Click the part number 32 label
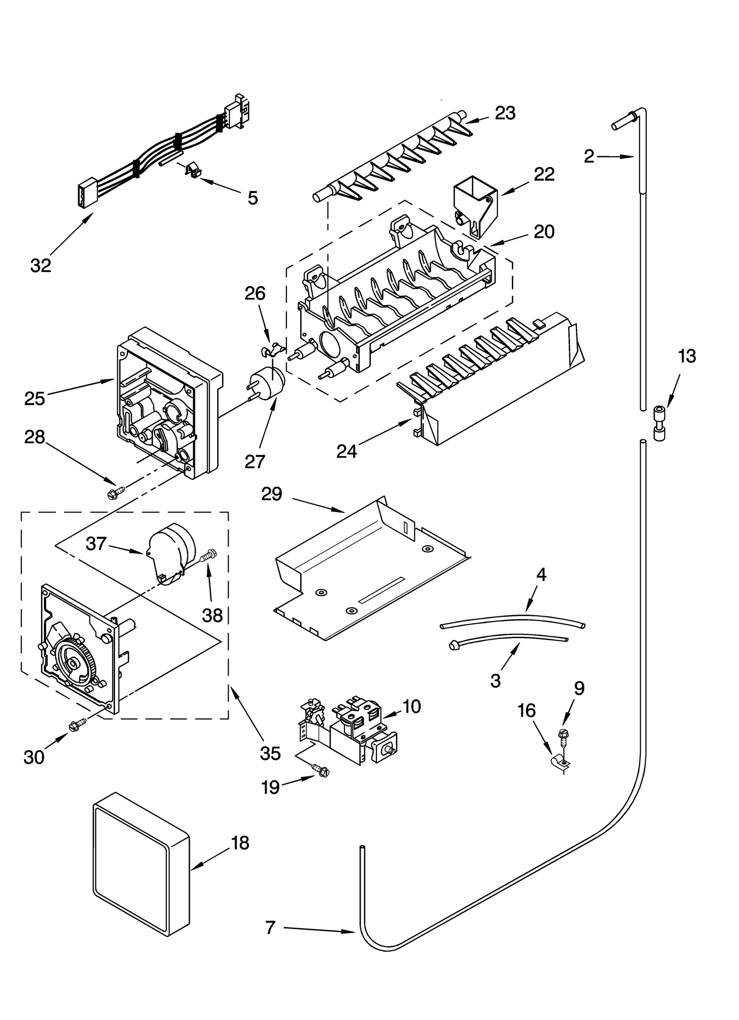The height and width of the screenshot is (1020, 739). click(x=40, y=266)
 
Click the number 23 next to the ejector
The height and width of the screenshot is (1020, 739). click(x=505, y=113)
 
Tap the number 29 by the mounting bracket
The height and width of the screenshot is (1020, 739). click(x=271, y=494)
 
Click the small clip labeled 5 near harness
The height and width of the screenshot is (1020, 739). click(x=194, y=170)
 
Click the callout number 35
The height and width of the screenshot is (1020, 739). click(x=270, y=753)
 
